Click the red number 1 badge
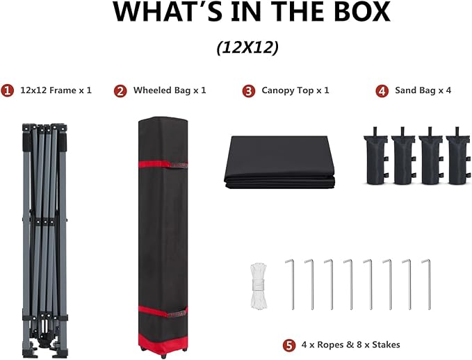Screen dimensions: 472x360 7,90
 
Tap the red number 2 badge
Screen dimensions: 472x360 120,91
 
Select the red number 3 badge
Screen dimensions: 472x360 249,91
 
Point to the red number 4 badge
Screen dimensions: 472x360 382,91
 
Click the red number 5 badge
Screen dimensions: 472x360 289,345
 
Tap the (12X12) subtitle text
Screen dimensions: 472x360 247,47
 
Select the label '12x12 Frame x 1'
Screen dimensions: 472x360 56,90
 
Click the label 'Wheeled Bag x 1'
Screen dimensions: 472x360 170,90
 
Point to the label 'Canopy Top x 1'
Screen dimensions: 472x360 295,90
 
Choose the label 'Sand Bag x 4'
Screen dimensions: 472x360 423,90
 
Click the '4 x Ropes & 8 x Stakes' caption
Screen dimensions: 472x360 350,345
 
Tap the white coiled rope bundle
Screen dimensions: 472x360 259,286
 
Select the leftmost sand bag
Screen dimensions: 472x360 375,156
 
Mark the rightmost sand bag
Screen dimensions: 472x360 458,156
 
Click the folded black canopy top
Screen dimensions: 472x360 279,162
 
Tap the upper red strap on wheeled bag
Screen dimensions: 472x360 163,164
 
